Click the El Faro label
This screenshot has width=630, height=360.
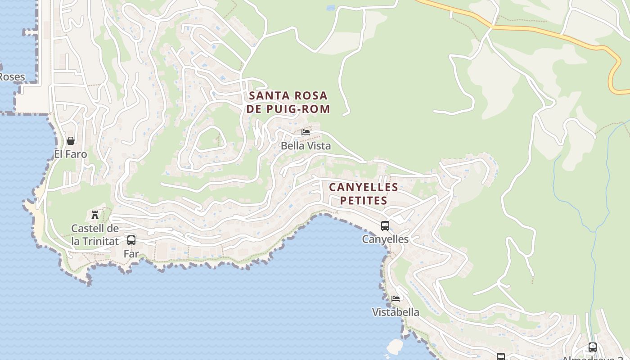pos(70,154)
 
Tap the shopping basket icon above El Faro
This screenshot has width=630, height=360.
pos(70,141)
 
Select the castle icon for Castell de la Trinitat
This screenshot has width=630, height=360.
pos(95,215)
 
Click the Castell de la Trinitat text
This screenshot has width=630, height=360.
pos(95,235)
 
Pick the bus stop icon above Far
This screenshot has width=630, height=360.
pos(131,240)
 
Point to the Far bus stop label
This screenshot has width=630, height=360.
pos(131,254)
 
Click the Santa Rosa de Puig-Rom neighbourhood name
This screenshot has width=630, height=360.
pos(288,102)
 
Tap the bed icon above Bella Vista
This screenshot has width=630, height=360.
pos(306,132)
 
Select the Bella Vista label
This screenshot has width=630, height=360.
pos(306,146)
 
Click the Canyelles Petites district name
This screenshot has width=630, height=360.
pos(364,193)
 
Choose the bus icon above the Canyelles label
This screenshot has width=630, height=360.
pos(385,226)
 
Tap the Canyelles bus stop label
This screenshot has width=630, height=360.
pos(385,239)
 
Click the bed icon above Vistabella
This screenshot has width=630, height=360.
pos(396,298)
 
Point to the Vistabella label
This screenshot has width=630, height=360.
pos(396,312)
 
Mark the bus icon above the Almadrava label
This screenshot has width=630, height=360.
pos(593,347)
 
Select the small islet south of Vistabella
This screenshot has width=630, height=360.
pos(395,346)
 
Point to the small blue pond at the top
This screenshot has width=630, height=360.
pos(331,8)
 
